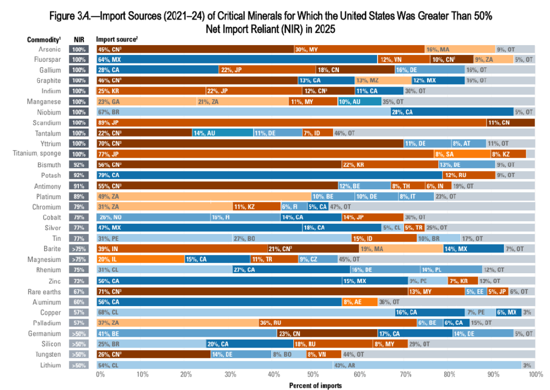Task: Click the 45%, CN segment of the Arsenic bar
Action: click(x=195, y=49)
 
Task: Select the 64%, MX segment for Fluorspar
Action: click(x=237, y=59)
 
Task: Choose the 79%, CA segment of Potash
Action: click(x=269, y=175)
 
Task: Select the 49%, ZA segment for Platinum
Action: click(x=204, y=196)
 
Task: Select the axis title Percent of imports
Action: click(x=315, y=385)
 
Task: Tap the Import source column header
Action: click(x=115, y=39)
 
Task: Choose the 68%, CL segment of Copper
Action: click(x=245, y=312)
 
